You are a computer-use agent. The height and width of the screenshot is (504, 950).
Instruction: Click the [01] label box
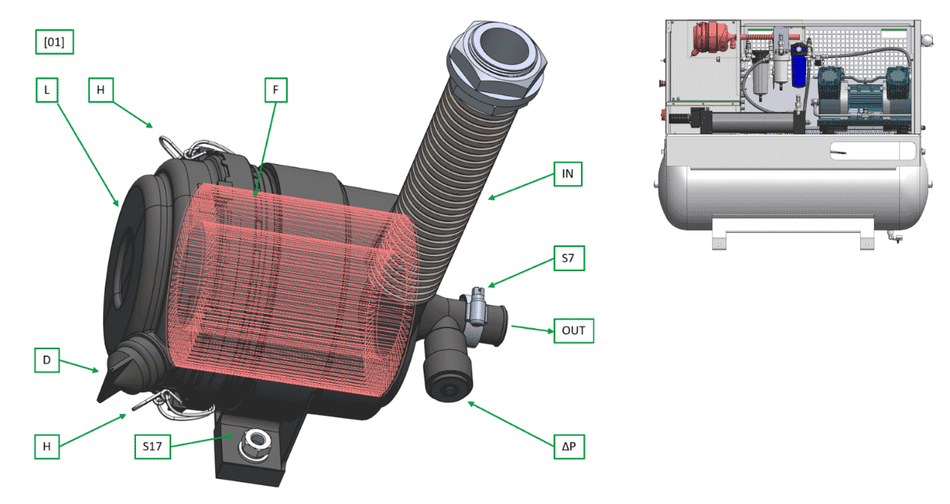point(54,42)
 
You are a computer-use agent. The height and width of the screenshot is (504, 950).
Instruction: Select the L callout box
point(47,90)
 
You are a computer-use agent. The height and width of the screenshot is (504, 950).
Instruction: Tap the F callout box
point(276,90)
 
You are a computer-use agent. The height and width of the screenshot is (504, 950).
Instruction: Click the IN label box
point(568,173)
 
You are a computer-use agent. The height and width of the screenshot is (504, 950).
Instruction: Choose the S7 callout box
point(569,258)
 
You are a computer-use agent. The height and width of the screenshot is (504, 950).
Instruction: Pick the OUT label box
point(574,331)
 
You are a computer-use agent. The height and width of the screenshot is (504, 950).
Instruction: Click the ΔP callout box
point(569,446)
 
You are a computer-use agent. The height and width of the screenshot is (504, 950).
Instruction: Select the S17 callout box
point(152,446)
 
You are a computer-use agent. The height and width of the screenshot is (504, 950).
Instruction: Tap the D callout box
point(47,360)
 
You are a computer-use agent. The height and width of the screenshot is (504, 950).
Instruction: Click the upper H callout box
point(101,90)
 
